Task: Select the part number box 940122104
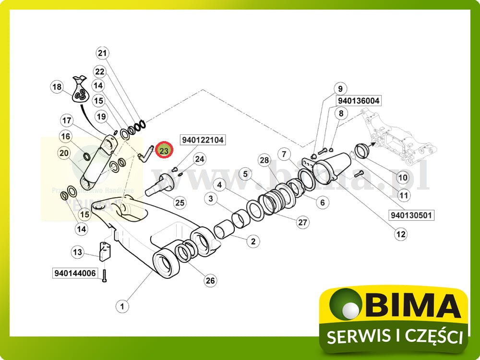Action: [203, 140]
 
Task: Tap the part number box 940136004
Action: [359, 101]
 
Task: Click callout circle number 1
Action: [122, 305]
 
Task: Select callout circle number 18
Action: [57, 87]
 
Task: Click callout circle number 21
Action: [103, 53]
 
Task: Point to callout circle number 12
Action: [400, 234]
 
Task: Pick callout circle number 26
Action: [210, 281]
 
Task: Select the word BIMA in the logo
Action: [412, 306]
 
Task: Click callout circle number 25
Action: [180, 203]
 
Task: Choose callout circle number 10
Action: [403, 178]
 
